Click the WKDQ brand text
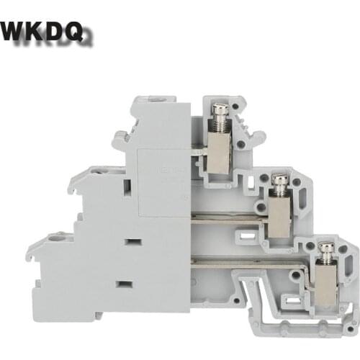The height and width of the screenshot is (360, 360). tap(45, 32)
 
